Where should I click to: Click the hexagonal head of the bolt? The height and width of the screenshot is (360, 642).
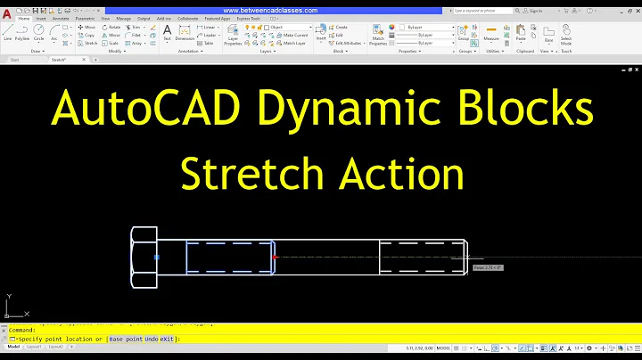tap(144, 258)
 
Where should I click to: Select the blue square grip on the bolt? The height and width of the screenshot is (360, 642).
tap(156, 258)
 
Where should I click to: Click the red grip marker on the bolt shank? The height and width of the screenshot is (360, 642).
tap(276, 258)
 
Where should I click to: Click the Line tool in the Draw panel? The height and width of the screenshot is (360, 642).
tap(7, 33)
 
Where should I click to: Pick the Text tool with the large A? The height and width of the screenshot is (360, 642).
tap(167, 33)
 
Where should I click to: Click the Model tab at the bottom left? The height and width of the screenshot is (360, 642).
tap(13, 347)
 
